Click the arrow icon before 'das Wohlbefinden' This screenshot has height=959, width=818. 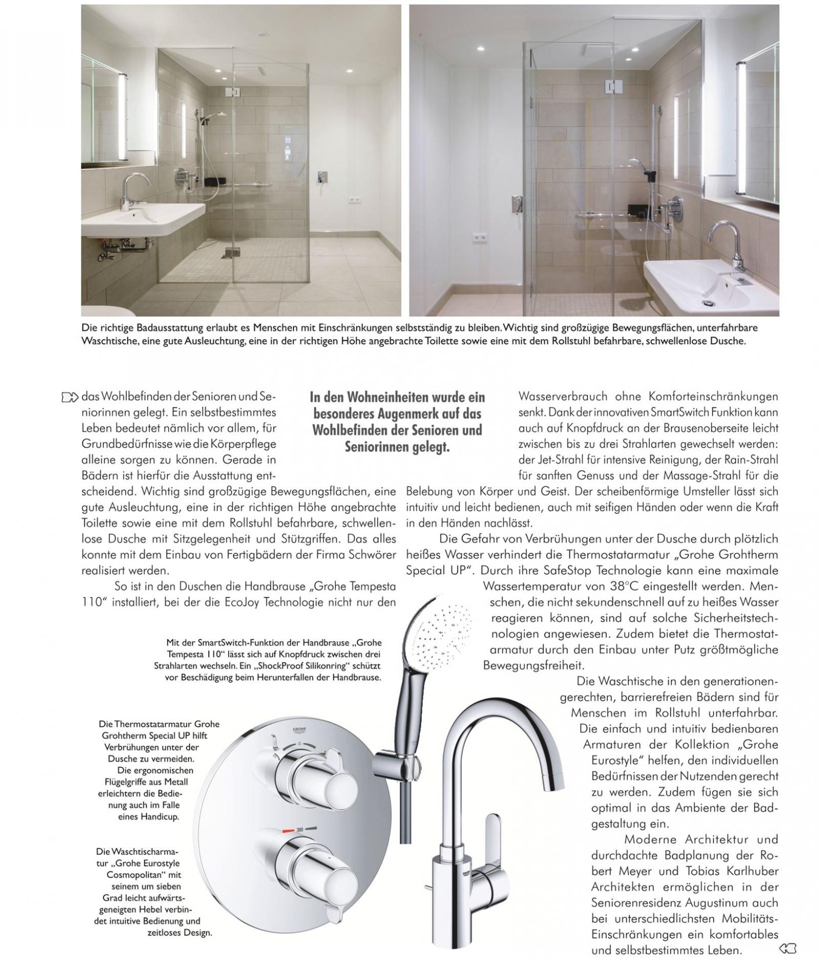(70, 397)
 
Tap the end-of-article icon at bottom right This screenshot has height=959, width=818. (788, 949)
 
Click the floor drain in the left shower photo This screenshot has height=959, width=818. (232, 252)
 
